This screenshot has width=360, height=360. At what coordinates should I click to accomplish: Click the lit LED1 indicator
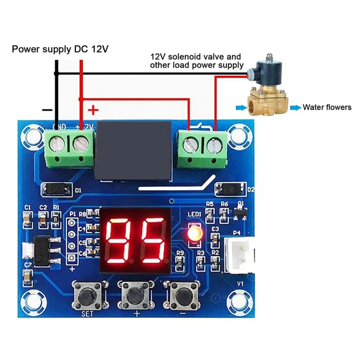tap(195, 234)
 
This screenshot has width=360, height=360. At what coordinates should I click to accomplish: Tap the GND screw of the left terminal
tap(56, 144)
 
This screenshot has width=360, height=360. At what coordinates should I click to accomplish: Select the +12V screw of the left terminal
tap(81, 144)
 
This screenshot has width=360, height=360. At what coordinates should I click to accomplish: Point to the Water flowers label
tap(327, 107)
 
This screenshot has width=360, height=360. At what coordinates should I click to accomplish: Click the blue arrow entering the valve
tap(241, 107)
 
